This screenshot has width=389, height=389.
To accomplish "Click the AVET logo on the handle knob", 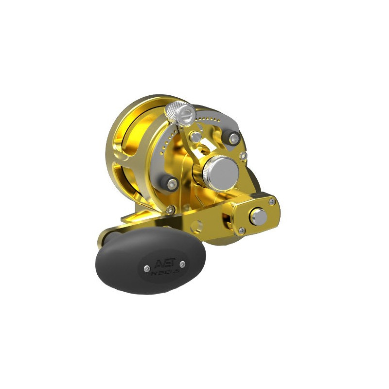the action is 165,263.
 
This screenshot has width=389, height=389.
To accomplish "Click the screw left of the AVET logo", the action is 147,268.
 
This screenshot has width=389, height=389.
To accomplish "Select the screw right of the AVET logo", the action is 182,264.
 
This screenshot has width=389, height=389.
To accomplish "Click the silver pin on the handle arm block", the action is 259,216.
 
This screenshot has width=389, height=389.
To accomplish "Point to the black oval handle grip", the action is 151,261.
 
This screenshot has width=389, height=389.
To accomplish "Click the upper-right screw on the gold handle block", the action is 272,202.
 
